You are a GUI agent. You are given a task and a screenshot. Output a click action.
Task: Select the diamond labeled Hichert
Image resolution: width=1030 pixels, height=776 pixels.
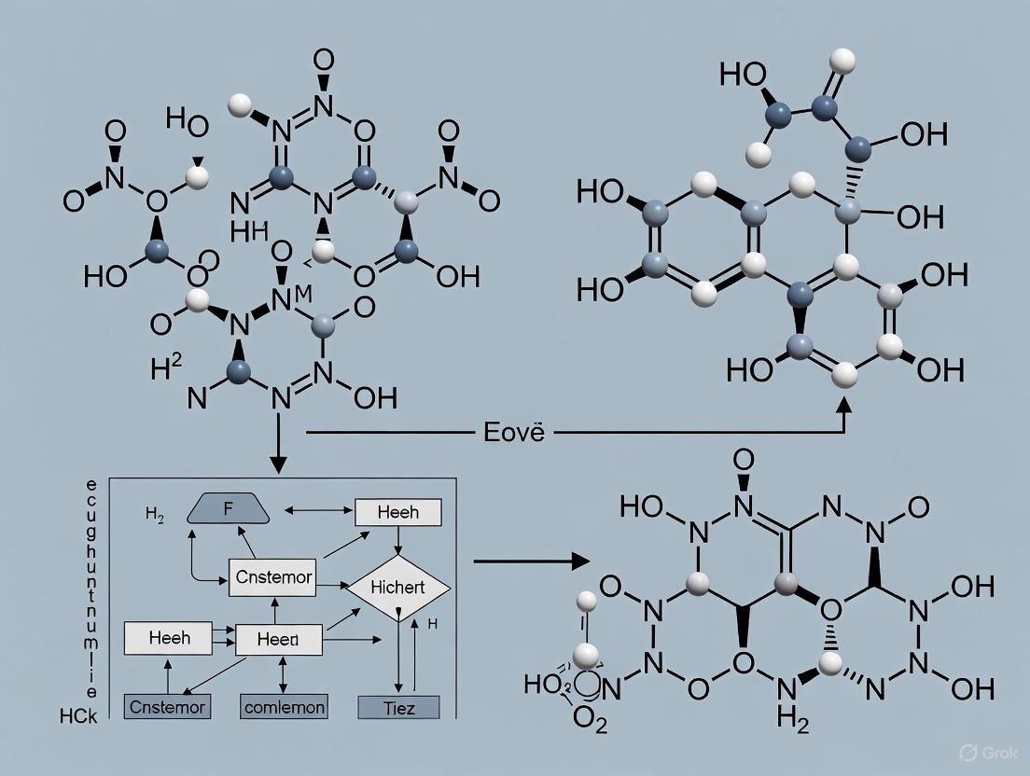397,588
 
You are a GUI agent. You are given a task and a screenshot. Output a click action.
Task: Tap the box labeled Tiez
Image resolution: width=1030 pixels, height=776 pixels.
398,707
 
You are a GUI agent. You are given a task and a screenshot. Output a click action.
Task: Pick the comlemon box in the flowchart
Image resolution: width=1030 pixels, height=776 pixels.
285,707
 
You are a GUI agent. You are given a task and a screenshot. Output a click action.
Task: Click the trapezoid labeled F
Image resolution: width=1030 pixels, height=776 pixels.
229,510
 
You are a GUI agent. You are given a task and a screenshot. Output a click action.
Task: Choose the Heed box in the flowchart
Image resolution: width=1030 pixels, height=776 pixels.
277,640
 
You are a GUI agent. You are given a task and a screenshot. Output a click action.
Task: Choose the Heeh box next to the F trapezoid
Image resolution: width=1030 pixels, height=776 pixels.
398,511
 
